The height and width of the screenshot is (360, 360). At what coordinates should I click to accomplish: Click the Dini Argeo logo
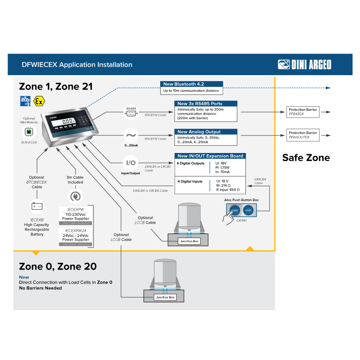click(x=305, y=64)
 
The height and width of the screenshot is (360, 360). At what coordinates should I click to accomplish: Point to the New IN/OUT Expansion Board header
click(x=210, y=156)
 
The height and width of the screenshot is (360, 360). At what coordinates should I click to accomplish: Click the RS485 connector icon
click(x=131, y=112)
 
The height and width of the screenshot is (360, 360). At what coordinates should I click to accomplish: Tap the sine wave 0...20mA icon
click(x=131, y=135)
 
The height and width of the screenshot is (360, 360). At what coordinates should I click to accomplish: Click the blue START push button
click(x=234, y=210)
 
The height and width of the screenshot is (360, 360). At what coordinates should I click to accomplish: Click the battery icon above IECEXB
click(x=36, y=206)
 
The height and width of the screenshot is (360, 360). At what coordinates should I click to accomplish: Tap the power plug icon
click(x=75, y=197)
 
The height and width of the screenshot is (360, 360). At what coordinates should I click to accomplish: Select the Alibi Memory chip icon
click(x=29, y=131)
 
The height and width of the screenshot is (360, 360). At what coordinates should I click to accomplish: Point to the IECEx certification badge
click(x=25, y=101)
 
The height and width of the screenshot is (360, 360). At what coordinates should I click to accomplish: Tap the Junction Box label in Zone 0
click(x=165, y=297)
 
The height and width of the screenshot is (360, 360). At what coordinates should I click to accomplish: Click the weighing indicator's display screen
click(x=68, y=121)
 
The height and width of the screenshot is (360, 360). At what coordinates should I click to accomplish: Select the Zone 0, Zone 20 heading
click(x=58, y=266)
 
